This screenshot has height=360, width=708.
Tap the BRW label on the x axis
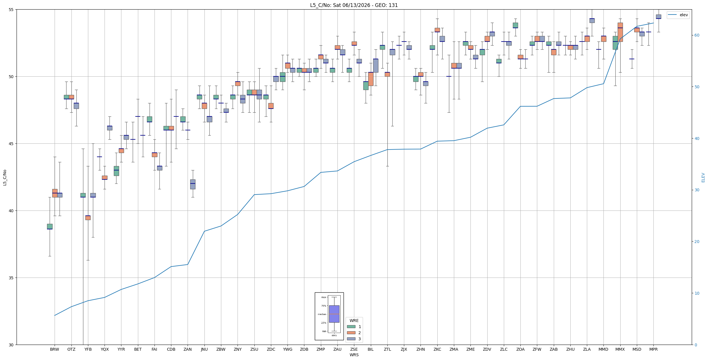point(55,349)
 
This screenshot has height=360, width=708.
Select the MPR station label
point(653,349)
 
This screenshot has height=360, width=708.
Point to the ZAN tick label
point(188,349)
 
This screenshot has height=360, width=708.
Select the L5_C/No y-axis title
point(5,177)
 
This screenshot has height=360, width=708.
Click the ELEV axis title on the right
point(703,177)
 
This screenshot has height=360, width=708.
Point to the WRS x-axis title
point(354,355)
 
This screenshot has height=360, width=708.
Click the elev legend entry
point(678,15)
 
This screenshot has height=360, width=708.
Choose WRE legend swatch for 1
point(351,327)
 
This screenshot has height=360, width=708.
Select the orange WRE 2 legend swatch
point(351,333)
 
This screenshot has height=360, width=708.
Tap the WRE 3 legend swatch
point(351,339)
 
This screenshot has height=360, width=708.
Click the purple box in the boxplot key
point(334,314)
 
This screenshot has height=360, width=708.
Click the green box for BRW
point(50,226)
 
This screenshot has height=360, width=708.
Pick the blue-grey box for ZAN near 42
point(193,184)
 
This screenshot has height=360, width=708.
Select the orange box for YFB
point(88,218)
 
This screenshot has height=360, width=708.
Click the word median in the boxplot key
point(322,314)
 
